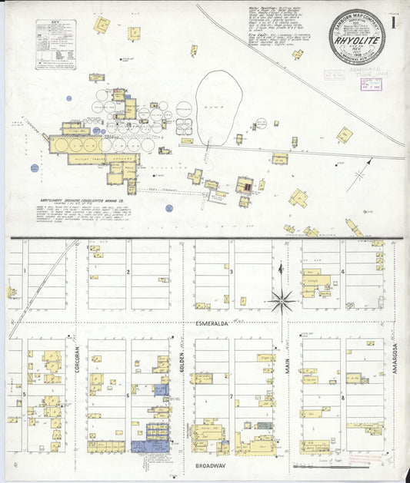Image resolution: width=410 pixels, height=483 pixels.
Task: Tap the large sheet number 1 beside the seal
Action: pyautogui.click(x=394, y=24)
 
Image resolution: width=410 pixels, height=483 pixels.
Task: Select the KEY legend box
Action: pyautogui.click(x=55, y=45)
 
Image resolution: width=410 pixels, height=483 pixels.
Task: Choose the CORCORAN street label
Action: pyautogui.click(x=78, y=359)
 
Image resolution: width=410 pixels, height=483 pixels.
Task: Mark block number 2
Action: pyautogui.click(x=128, y=271)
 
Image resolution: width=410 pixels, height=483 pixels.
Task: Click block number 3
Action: pyautogui.click(x=232, y=271)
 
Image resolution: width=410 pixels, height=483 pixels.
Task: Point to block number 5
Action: pyautogui.click(x=25, y=395)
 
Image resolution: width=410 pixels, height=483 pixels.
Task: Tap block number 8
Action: pyautogui.click(x=342, y=396)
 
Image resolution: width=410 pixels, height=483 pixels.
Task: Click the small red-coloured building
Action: pyautogui.click(x=245, y=185)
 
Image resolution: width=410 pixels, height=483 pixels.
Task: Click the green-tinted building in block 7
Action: pyautogui.click(x=264, y=425)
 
